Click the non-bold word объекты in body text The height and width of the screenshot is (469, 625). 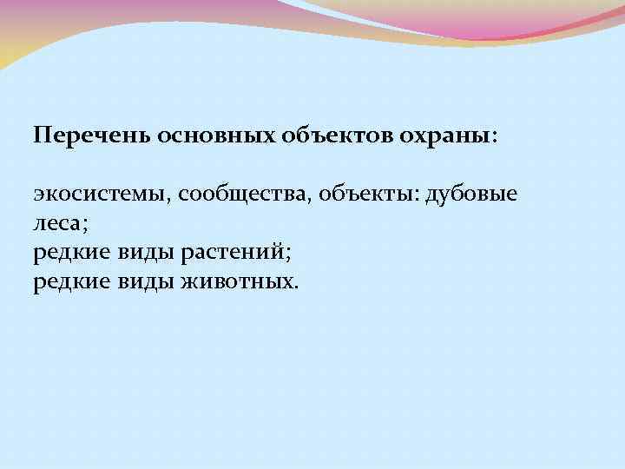coord(365,194)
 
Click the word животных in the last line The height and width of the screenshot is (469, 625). coord(236,282)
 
